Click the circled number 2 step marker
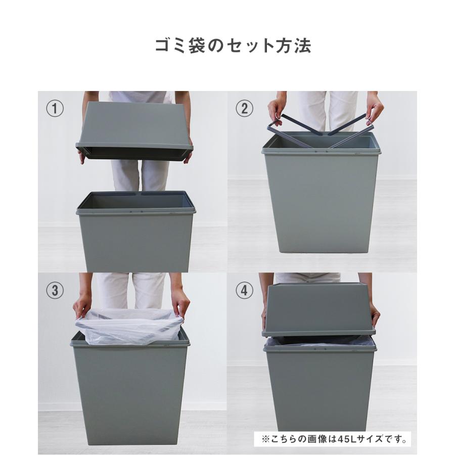(244, 109)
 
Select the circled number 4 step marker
(244, 290)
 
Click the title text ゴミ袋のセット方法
(233, 45)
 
